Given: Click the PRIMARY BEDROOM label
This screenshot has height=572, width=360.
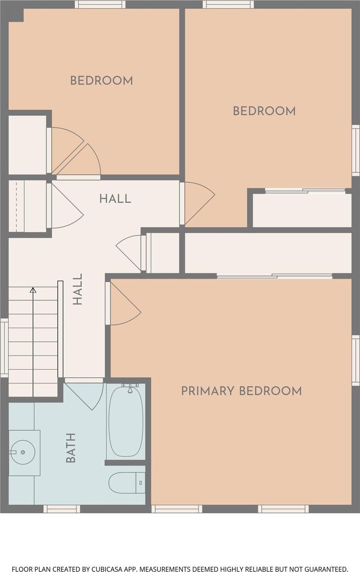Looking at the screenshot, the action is point(241,391).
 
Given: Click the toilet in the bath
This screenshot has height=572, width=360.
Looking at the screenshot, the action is point(127,483).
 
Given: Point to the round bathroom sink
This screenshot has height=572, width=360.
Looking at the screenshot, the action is point(23,452).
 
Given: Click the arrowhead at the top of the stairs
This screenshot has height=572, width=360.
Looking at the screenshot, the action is point(33,290).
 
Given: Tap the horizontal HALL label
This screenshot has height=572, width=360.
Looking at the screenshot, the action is point(115,199).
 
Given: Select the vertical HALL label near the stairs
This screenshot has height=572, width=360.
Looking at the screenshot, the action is point(78,289).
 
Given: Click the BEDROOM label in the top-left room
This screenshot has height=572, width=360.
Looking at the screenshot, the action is point(102,81).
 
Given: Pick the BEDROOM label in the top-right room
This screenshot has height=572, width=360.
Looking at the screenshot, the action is point(264,111).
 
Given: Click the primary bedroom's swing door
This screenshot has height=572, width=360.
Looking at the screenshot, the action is point(123,304).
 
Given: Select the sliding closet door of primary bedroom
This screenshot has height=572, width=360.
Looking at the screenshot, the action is point(275,276).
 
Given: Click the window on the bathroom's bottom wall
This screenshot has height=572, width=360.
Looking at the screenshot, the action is point(61,509).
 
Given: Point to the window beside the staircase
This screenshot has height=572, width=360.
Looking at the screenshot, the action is point(4,348).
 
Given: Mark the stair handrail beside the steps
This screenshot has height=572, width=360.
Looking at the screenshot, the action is point(60,329).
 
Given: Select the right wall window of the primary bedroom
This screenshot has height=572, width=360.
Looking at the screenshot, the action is point(356,360).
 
